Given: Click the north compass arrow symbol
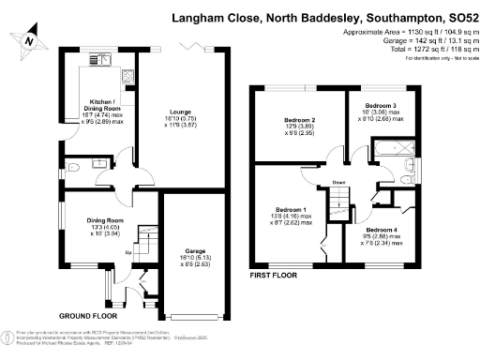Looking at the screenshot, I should (x=30, y=39).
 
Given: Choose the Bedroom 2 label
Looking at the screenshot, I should (x=299, y=120).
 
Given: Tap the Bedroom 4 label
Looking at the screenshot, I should (x=382, y=230).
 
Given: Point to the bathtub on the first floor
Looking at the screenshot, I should (x=387, y=148).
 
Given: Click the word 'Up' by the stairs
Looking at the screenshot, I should (x=128, y=251).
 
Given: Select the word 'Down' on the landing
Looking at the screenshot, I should (x=338, y=183).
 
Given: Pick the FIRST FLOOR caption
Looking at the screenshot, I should (x=275, y=277).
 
